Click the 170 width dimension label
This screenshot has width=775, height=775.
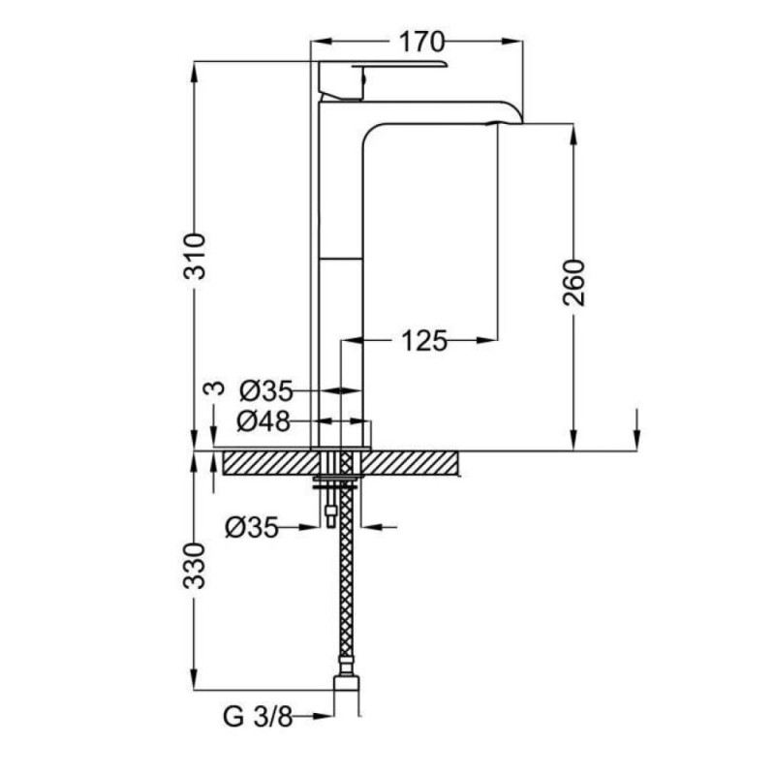pyautogui.click(x=421, y=42)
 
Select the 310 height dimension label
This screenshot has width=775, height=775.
pyautogui.click(x=195, y=257)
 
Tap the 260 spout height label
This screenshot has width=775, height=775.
pyautogui.click(x=573, y=283)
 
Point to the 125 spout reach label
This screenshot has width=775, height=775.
pyautogui.click(x=424, y=341)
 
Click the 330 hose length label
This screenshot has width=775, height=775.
pyautogui.click(x=195, y=566)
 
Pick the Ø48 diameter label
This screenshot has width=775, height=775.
pyautogui.click(x=263, y=421)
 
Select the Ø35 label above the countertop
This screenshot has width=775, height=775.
pyautogui.click(x=266, y=391)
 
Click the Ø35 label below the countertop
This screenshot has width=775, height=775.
pyautogui.click(x=252, y=527)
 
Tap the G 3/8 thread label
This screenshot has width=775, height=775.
pyautogui.click(x=258, y=716)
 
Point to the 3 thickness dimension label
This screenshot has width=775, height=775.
pyautogui.click(x=214, y=388)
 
